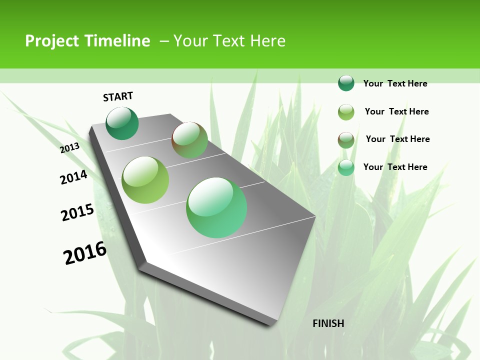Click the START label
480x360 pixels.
118,96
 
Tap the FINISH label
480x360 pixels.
328,323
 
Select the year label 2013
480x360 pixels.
70,148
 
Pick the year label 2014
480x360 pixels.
74,177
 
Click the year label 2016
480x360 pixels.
85,253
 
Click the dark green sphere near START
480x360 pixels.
122,123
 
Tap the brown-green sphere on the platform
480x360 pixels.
189,140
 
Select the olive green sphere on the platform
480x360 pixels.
145,180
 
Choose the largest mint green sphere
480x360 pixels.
216,207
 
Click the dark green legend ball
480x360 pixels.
346,83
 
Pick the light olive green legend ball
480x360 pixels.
346,112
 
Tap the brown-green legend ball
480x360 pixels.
346,140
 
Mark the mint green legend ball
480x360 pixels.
346,167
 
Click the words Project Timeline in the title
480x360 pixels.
87,41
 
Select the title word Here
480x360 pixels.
267,41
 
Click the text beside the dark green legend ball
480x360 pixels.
395,83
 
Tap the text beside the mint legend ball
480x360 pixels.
395,167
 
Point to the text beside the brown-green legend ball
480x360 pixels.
397,139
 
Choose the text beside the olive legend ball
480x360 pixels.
396,111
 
